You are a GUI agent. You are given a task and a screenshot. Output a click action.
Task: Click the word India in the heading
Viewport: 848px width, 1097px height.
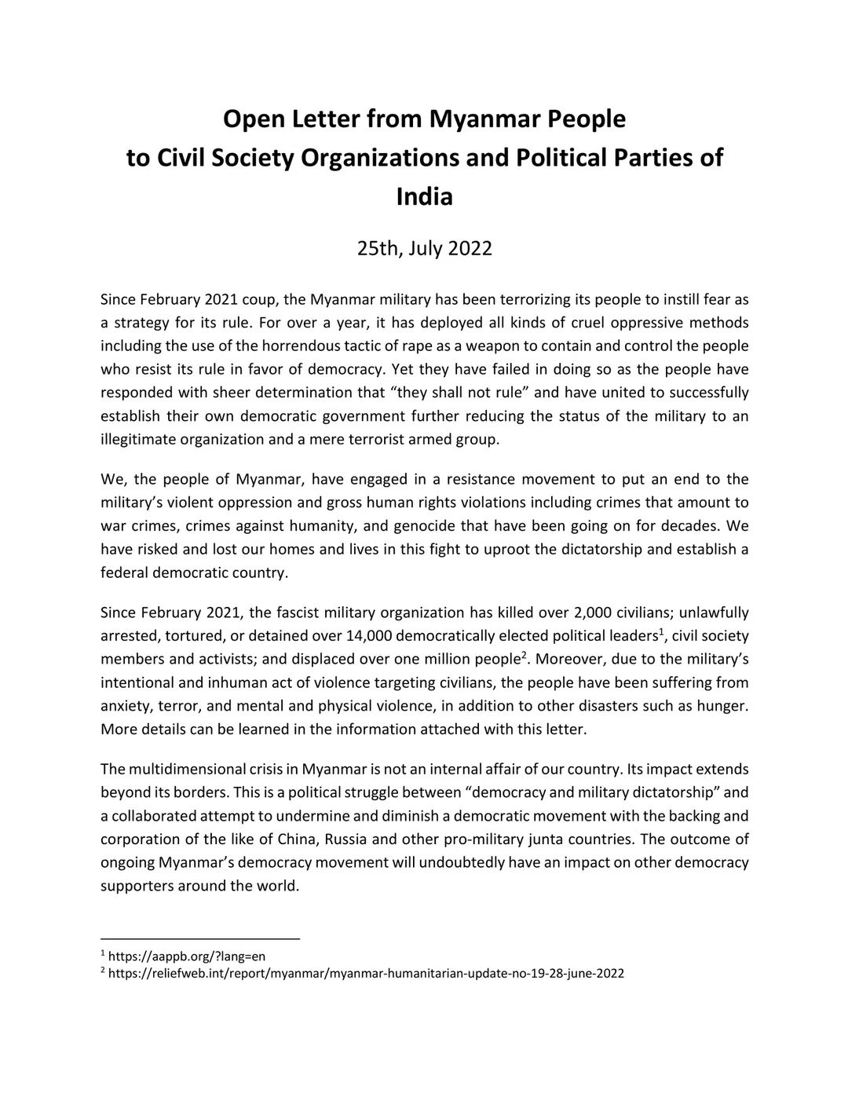click(424, 196)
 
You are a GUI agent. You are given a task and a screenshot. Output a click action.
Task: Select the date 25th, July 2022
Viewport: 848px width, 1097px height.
click(424, 249)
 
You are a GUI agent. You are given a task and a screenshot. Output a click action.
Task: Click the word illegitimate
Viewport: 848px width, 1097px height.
click(138, 439)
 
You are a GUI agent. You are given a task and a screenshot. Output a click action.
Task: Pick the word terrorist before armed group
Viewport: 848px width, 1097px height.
click(371, 439)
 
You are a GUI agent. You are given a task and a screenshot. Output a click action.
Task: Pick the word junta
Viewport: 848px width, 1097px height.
click(546, 839)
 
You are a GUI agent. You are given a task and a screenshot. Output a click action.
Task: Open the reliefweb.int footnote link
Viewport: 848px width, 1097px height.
click(366, 974)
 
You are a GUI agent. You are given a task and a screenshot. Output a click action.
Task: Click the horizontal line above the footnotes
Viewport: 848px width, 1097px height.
click(200, 938)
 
